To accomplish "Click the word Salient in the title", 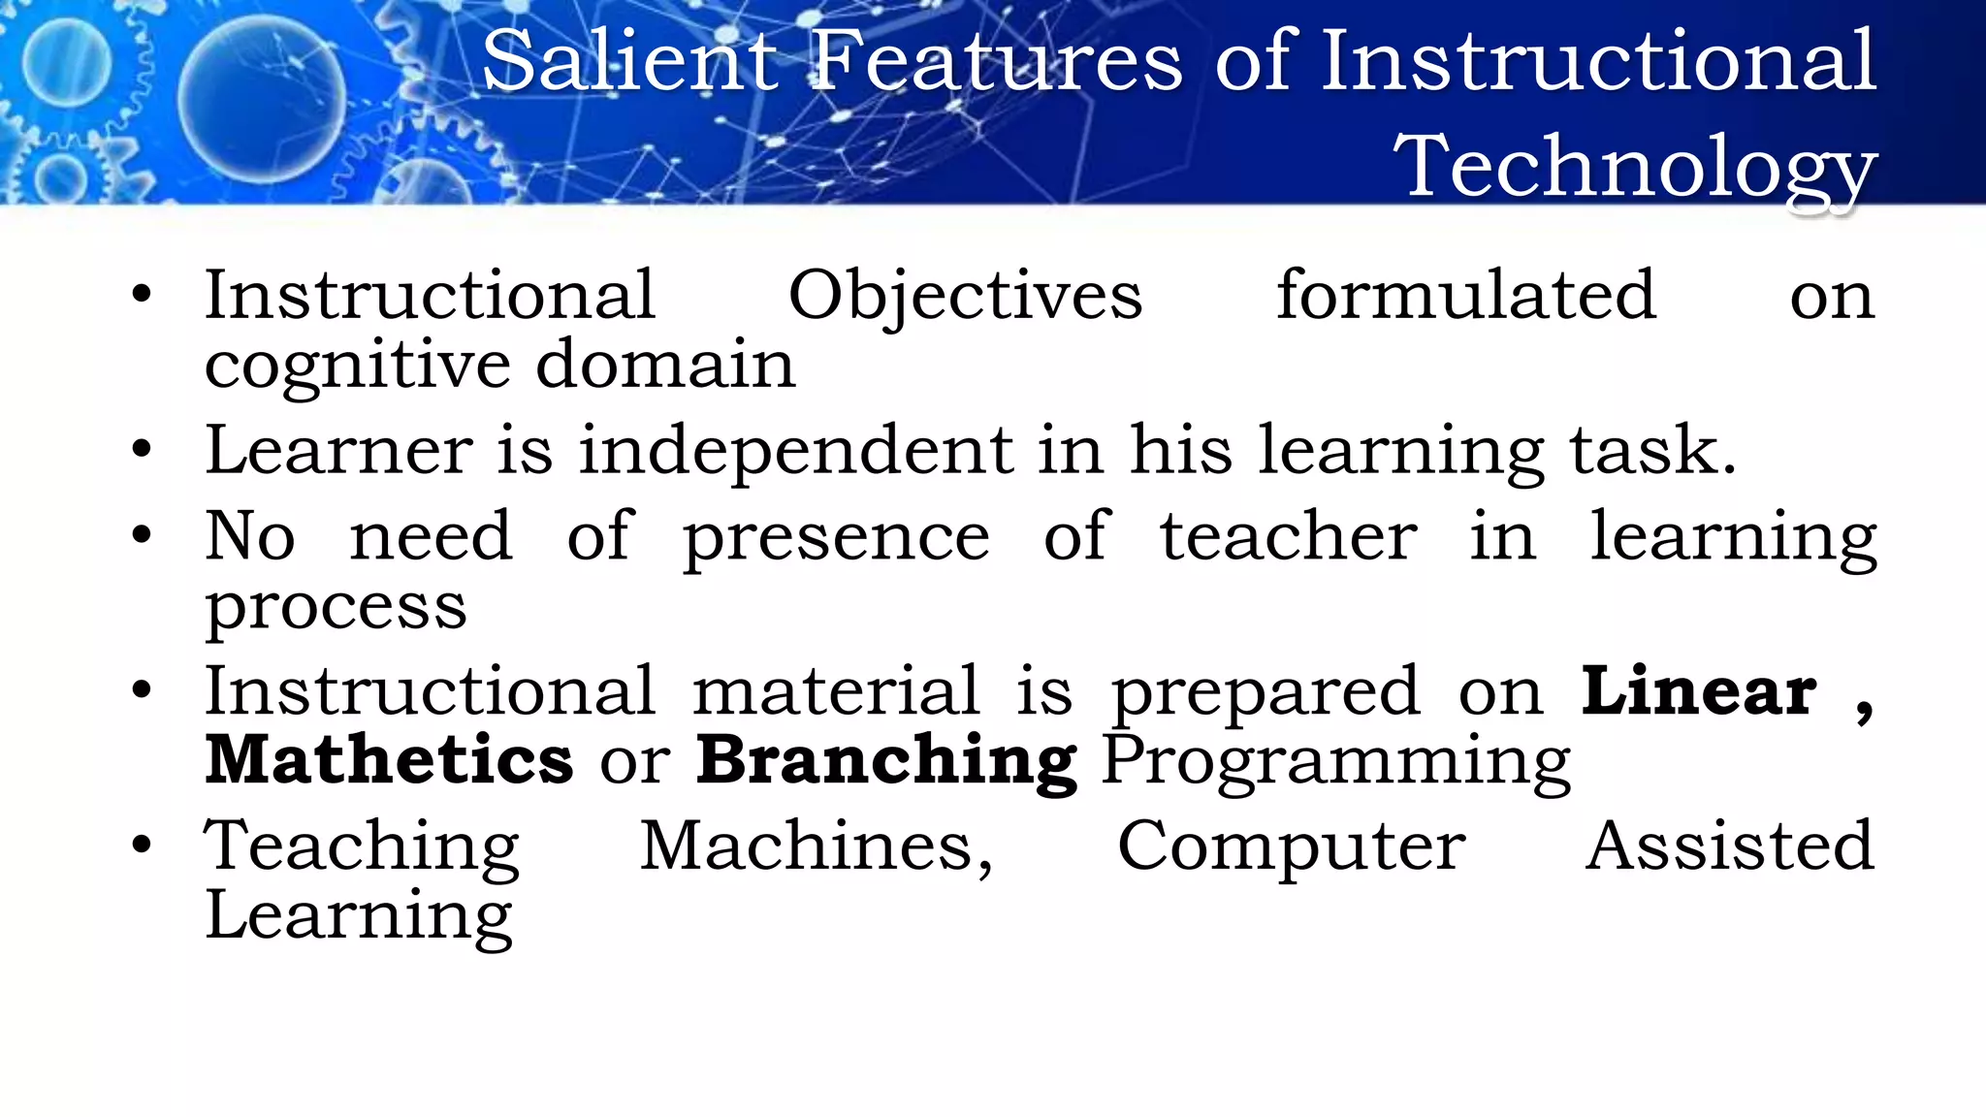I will pyautogui.click(x=630, y=61).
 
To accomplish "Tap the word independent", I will pyautogui.click(x=795, y=451).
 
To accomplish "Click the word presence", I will pyautogui.click(x=836, y=538).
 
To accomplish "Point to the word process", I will pyautogui.click(x=336, y=609).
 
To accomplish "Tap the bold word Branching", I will pyautogui.click(x=886, y=760).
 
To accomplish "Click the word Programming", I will pyautogui.click(x=1336, y=762).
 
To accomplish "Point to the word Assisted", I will pyautogui.click(x=1729, y=846).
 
